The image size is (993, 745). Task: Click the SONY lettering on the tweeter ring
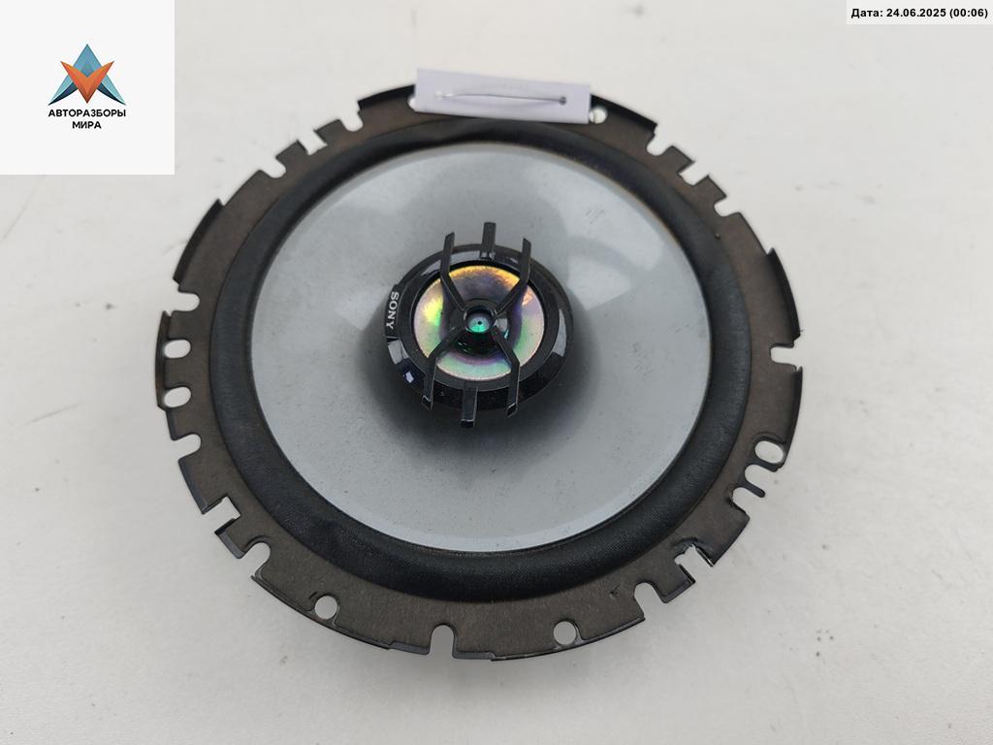point(391,313)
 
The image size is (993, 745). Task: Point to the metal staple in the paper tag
point(501,98)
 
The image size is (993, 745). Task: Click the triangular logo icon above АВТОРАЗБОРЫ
point(87,74)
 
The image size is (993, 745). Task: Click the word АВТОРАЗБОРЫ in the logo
point(87,113)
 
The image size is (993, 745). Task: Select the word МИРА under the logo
point(86,125)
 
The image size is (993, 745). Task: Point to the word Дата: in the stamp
point(865,12)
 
